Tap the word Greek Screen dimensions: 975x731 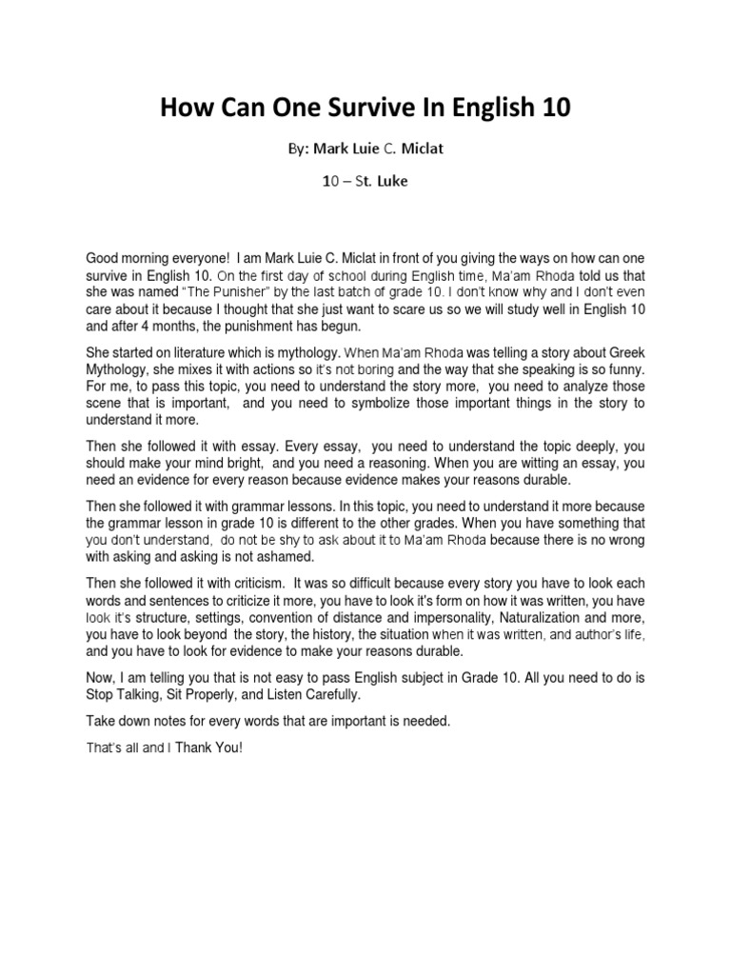click(x=623, y=353)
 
